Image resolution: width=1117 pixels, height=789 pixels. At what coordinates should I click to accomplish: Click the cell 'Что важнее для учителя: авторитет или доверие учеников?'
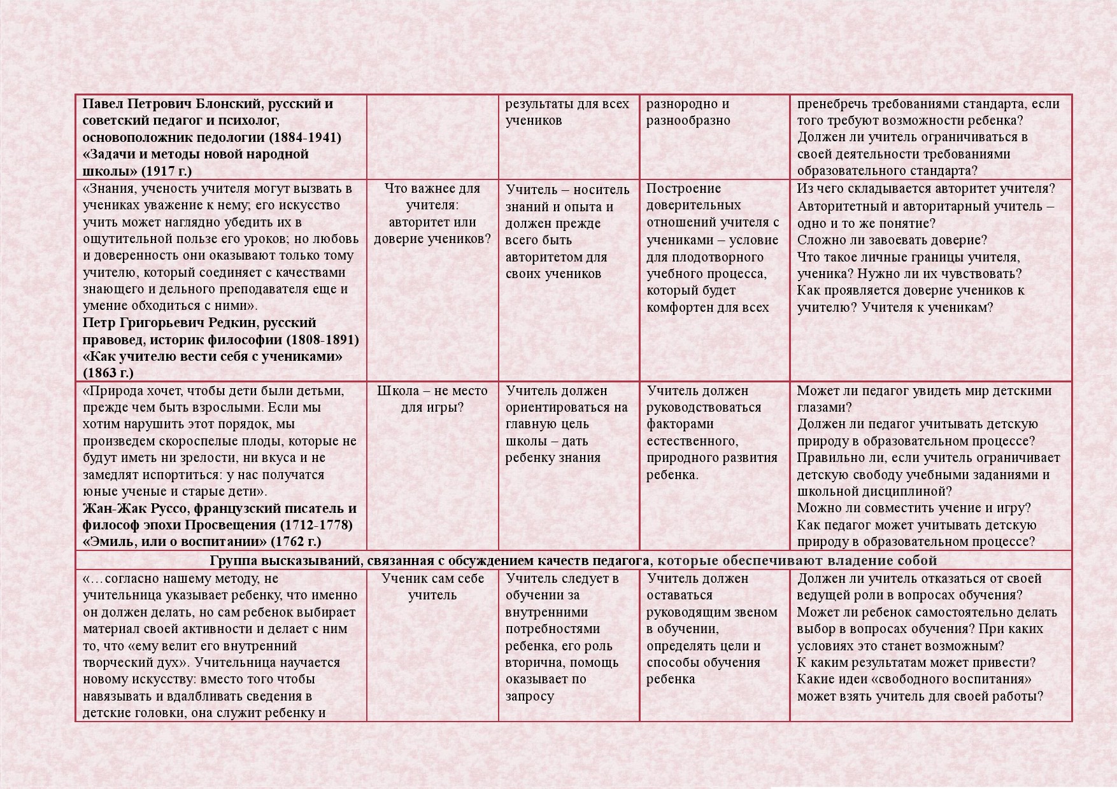[432, 214]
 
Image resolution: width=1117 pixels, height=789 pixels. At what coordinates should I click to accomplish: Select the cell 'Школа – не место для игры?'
[432, 399]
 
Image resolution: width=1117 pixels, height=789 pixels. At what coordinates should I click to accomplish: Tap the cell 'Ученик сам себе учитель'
[432, 587]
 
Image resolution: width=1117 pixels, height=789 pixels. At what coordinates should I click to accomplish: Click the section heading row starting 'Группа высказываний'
[573, 561]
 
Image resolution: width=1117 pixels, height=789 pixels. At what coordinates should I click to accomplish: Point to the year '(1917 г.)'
[166, 171]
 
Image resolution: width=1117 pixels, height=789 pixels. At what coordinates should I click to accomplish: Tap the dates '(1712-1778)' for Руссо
[316, 525]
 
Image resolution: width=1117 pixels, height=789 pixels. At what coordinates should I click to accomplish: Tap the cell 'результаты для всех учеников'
[567, 112]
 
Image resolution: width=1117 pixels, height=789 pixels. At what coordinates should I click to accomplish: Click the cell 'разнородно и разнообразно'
[688, 112]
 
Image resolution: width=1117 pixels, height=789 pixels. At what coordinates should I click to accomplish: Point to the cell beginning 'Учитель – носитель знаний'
[567, 232]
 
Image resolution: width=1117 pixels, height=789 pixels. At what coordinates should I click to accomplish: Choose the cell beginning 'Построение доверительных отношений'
[713, 248]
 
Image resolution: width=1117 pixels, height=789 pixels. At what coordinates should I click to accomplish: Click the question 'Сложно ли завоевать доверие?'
[892, 240]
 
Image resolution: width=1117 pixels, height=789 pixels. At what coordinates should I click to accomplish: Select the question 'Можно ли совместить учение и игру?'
[914, 508]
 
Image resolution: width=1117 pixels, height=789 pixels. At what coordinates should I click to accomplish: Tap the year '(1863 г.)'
[108, 373]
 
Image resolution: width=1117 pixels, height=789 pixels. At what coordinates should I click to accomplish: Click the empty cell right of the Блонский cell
[432, 137]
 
